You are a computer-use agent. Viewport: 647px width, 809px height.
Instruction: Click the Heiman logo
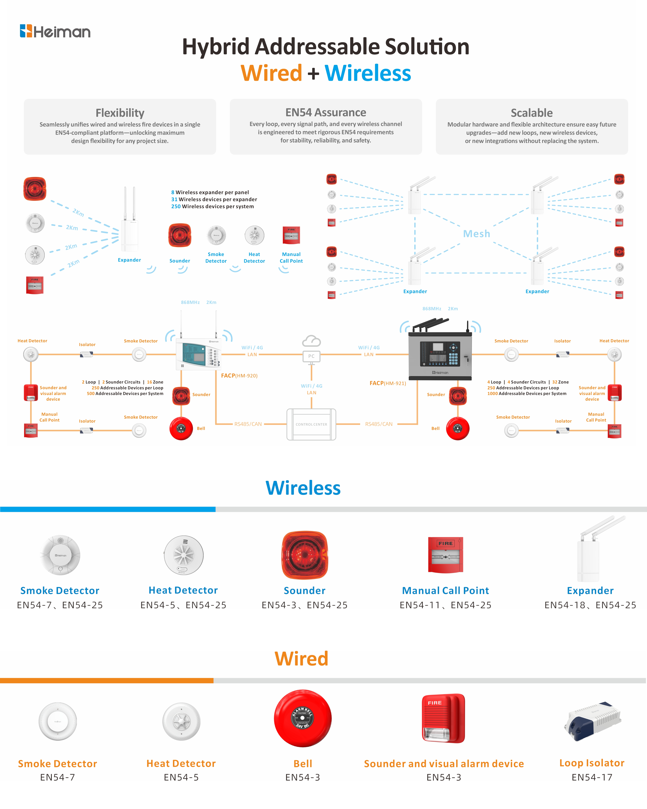55,31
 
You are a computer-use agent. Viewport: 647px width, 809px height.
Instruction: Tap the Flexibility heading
120,112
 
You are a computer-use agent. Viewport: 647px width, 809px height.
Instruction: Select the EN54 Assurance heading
326,112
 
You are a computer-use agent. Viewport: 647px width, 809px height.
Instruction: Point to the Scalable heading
531,112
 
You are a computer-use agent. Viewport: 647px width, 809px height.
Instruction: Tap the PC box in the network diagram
311,356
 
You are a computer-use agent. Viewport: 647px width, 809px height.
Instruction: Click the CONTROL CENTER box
311,424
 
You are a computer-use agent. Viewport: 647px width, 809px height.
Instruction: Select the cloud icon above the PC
311,341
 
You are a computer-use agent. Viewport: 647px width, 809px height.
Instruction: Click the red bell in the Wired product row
303,718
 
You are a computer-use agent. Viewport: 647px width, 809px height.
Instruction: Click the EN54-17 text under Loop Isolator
592,777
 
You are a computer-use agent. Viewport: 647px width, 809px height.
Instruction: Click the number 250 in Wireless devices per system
176,206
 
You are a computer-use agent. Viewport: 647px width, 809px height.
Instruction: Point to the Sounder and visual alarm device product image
444,718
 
